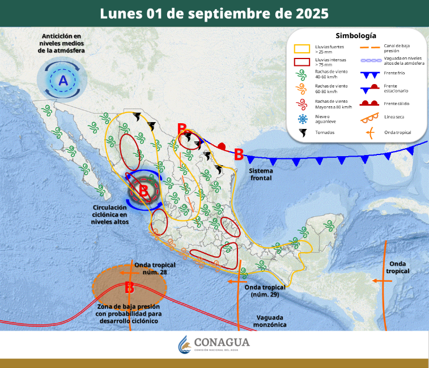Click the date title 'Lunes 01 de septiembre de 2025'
click(214, 13)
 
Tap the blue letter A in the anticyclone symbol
click(63, 81)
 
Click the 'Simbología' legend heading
click(355, 35)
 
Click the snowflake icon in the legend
click(301, 119)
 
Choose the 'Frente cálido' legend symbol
click(370, 103)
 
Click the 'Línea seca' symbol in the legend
click(370, 118)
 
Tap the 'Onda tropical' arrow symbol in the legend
click(370, 133)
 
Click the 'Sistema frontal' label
click(261, 174)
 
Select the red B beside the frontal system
click(239, 153)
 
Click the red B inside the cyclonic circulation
click(143, 191)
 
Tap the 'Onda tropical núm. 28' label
click(155, 268)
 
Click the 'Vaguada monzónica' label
click(271, 321)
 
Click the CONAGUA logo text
click(221, 342)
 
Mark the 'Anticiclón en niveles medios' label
click(62, 44)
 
